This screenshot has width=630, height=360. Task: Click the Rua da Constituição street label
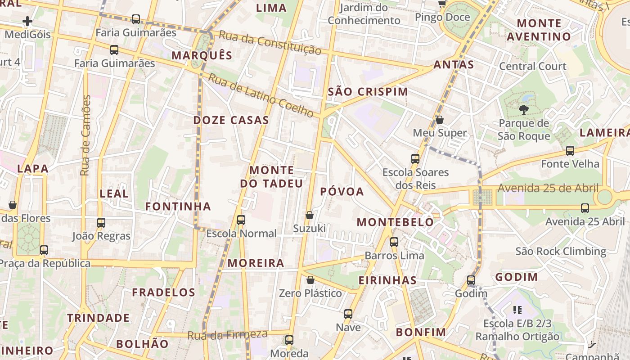[x=270, y=43]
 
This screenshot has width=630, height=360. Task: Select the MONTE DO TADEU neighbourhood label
[x=271, y=177]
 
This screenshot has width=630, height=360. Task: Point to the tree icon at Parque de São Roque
[x=523, y=109]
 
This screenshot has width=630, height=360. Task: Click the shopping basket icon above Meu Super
[x=440, y=120]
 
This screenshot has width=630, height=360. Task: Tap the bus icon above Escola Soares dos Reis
[x=415, y=158]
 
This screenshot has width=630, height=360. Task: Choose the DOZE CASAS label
[x=231, y=120]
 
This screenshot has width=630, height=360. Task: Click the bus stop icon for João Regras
[x=101, y=222]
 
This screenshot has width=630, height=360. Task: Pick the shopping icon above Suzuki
[x=310, y=215]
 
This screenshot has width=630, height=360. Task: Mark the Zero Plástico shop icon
[x=310, y=280]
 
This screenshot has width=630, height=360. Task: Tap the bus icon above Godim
[x=471, y=280]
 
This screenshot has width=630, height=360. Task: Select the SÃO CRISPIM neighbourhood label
[x=368, y=92]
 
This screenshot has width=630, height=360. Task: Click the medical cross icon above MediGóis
[x=27, y=21]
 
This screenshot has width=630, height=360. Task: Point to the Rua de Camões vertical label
[x=85, y=135]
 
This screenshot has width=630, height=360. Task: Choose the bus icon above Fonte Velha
[x=570, y=150]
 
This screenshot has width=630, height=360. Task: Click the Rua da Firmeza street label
[x=227, y=335]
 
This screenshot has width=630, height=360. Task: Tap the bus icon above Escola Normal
[x=241, y=220]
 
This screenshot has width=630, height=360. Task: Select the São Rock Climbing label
[x=561, y=251]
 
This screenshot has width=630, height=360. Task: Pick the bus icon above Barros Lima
[x=394, y=242]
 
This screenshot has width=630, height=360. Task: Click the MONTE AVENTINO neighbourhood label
[x=539, y=30]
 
